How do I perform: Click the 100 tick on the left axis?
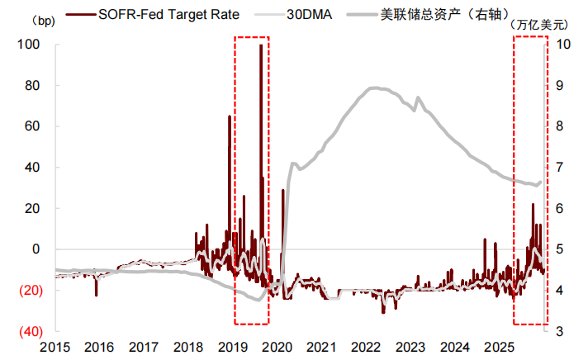click(x=31, y=45)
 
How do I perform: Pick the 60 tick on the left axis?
click(x=34, y=126)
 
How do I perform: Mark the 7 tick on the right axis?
click(x=559, y=168)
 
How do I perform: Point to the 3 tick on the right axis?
click(x=559, y=331)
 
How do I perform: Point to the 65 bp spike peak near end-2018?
click(x=229, y=117)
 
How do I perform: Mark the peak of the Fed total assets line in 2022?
click(x=377, y=88)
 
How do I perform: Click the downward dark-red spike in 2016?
click(x=97, y=294)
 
